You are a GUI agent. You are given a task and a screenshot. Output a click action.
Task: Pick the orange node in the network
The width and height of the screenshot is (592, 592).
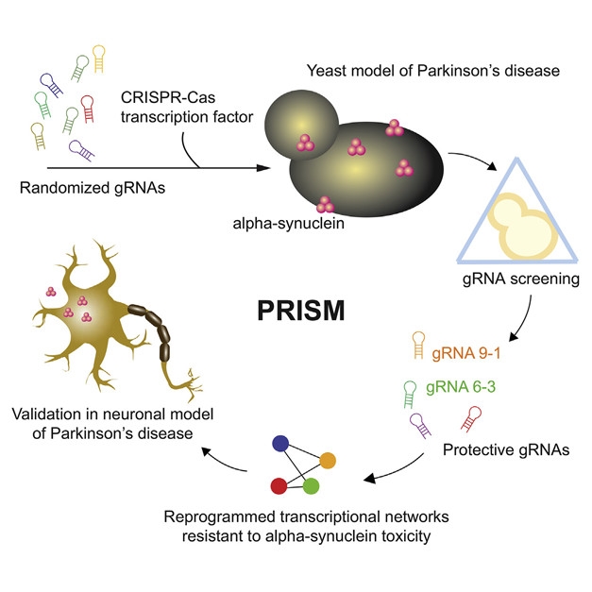tap(328, 460)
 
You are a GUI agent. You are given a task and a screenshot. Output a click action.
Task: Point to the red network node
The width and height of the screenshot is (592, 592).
tap(279, 485)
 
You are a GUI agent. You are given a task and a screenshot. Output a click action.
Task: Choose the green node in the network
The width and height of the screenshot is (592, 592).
tap(311, 486)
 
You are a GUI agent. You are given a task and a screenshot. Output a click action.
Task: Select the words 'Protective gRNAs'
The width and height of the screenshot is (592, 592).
tap(495, 451)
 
